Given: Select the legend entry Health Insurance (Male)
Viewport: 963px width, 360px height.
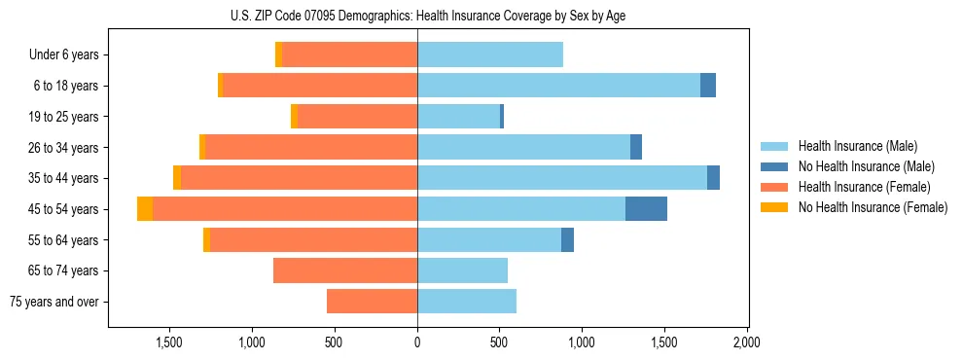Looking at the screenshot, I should click(x=857, y=146).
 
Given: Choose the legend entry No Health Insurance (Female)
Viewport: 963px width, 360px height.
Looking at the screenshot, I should click(x=873, y=207).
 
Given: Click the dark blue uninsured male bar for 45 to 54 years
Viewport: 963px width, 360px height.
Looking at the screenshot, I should click(x=646, y=209).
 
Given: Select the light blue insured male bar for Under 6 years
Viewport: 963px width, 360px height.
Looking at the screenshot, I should click(x=490, y=54).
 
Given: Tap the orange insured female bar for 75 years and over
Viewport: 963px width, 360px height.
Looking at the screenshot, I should click(x=372, y=302).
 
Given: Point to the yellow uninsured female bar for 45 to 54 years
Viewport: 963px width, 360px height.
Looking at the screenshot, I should click(x=145, y=209).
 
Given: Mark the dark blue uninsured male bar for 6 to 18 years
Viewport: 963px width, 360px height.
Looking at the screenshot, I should click(x=708, y=86).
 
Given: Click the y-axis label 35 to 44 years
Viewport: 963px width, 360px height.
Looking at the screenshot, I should click(x=63, y=178).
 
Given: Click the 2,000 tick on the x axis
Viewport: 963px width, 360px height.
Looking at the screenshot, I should click(x=746, y=342).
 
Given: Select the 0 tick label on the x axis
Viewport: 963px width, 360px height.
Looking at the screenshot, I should click(x=417, y=342).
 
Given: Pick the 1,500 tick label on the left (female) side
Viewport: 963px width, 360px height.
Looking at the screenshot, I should click(x=169, y=342).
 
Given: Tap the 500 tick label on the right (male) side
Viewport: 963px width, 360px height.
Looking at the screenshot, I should click(x=499, y=342).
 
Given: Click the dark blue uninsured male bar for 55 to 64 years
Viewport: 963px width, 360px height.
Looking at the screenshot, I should click(x=567, y=240).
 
